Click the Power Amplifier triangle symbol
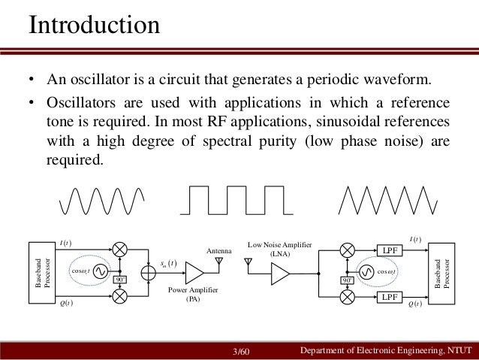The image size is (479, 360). pyautogui.click(x=194, y=272)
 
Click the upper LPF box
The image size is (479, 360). pyautogui.click(x=389, y=250)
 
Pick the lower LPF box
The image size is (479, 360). pyautogui.click(x=389, y=298)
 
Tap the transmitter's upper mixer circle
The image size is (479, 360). pyautogui.click(x=119, y=249)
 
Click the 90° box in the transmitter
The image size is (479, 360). pyautogui.click(x=119, y=280)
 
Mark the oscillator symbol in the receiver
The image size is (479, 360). pyautogui.click(x=368, y=273)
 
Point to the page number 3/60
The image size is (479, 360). pyautogui.click(x=242, y=351)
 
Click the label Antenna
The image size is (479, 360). pyautogui.click(x=218, y=250)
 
